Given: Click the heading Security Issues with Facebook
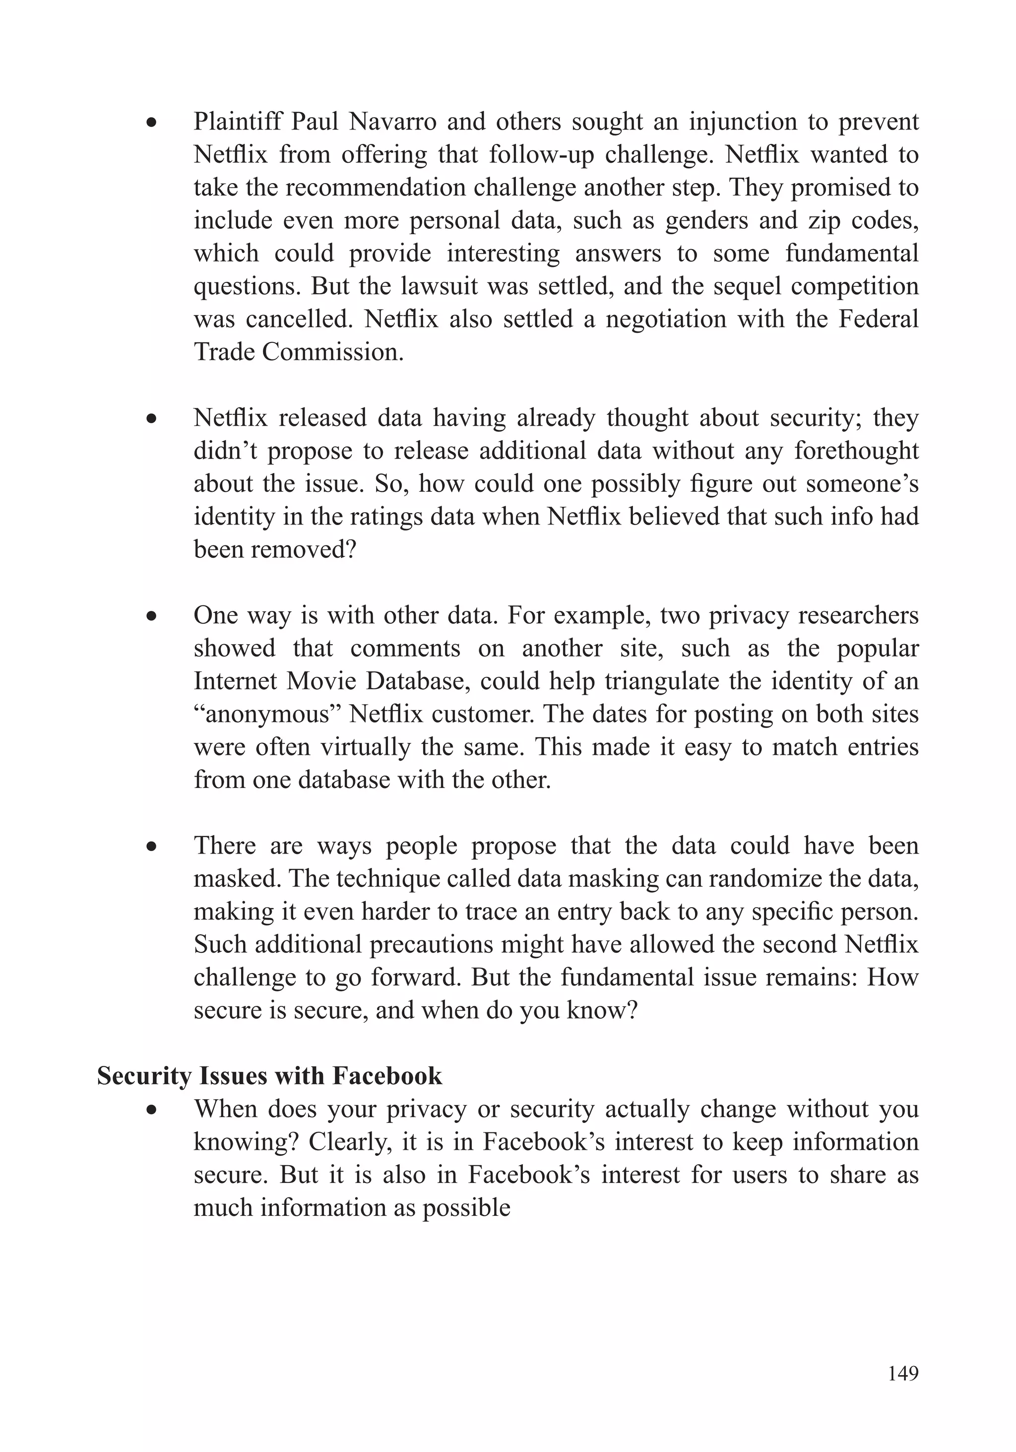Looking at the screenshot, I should (x=269, y=1076).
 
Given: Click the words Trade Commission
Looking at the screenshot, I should (x=299, y=352).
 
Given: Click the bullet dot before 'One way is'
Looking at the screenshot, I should (x=150, y=616).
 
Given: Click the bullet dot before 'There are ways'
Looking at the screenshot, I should (x=150, y=846).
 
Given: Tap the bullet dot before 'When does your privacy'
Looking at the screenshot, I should (x=150, y=1110).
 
